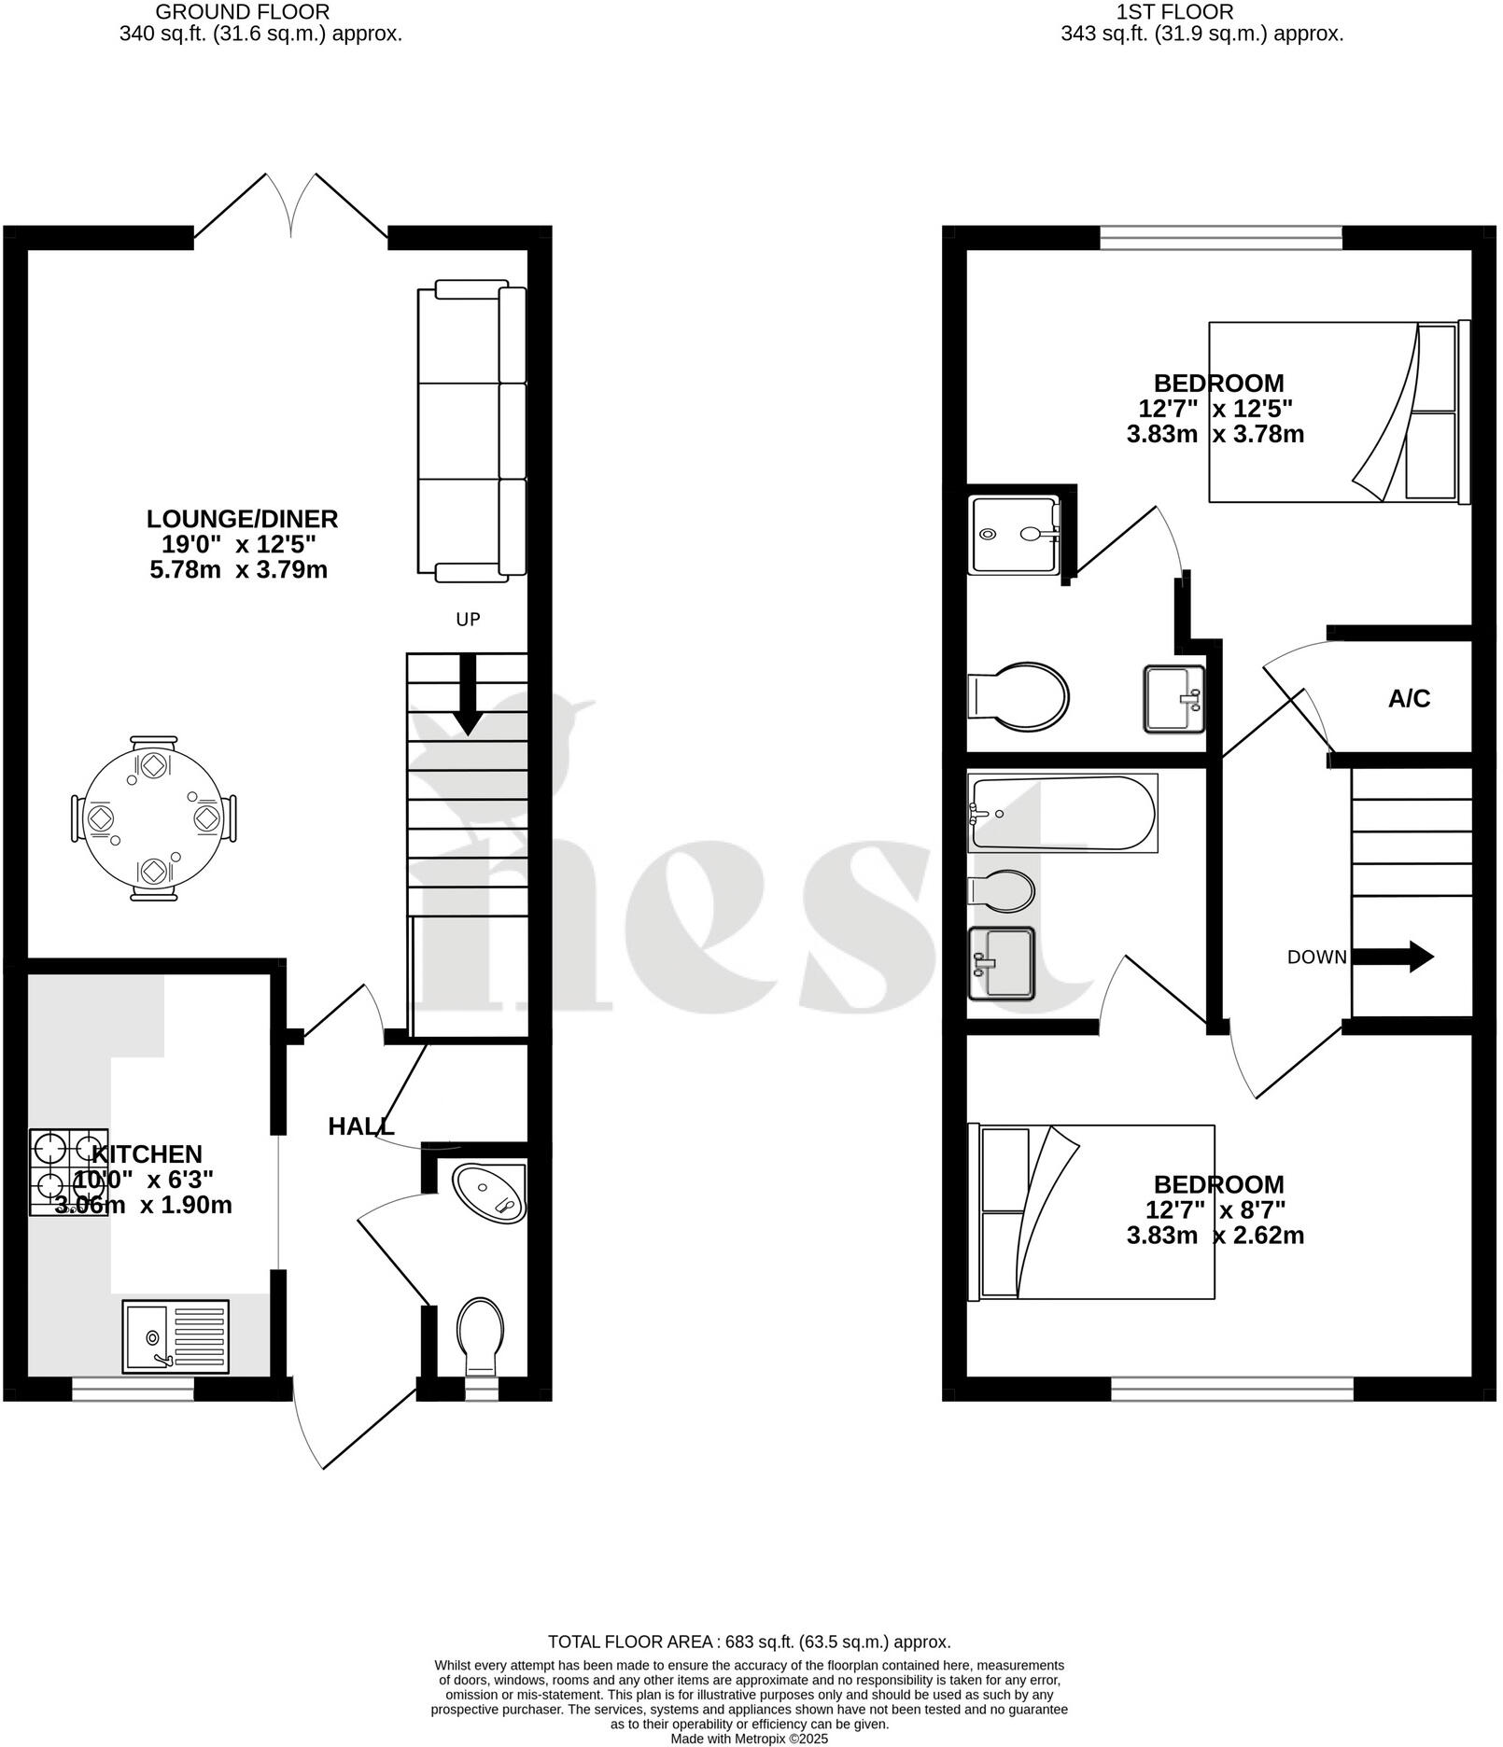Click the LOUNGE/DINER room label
click(x=242, y=519)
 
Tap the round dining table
click(x=153, y=818)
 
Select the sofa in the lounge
click(x=471, y=430)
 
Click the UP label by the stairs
click(x=468, y=620)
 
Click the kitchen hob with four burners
click(x=69, y=1172)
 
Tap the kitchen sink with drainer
click(x=176, y=1336)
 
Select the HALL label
click(x=360, y=1126)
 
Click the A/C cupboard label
click(x=1409, y=699)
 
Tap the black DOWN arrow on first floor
click(x=1392, y=957)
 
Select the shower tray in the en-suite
click(x=1014, y=535)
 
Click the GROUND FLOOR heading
click(x=242, y=12)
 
